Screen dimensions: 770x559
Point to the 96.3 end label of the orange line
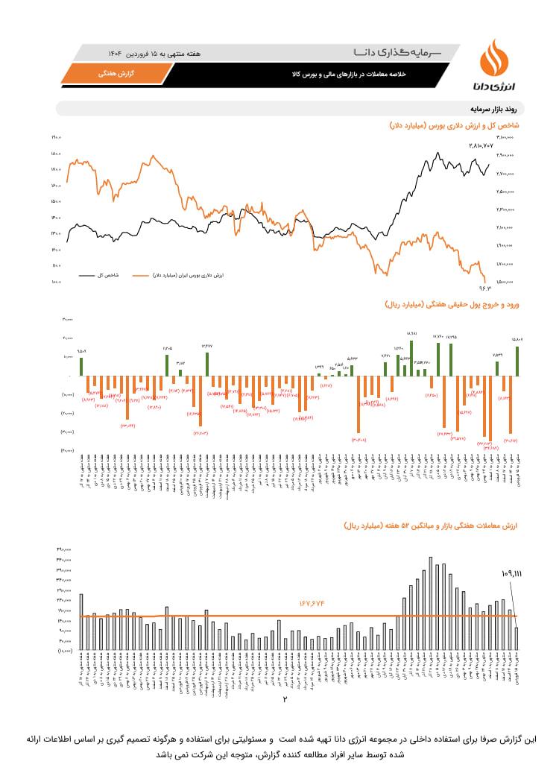click(x=486, y=285)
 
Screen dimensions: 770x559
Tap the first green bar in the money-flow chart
click(x=80, y=366)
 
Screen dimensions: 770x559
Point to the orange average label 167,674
click(x=314, y=602)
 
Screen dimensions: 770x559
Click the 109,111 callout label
click(x=511, y=574)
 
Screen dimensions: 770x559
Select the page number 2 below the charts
click(x=285, y=699)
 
